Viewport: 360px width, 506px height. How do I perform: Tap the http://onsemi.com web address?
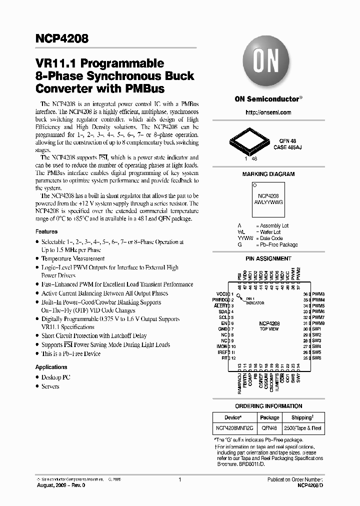coord(268,112)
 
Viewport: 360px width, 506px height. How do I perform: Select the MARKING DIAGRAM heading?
coord(268,174)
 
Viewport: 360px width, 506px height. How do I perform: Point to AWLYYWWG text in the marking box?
coord(268,202)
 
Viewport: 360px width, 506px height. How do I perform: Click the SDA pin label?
coord(223,311)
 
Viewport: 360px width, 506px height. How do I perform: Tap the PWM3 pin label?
coord(319,294)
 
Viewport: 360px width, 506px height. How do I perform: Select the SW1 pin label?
coord(316,329)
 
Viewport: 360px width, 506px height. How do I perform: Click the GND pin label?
coord(222,329)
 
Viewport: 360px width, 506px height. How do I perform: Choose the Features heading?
coord(46,231)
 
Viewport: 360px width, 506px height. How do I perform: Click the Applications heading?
coord(51,367)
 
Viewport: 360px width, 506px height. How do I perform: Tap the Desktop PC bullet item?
coord(55,377)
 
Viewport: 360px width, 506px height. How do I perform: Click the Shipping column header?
coord(298,417)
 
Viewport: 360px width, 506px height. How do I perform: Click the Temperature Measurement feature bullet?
coord(73,258)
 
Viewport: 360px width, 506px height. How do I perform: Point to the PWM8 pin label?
coord(319,323)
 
